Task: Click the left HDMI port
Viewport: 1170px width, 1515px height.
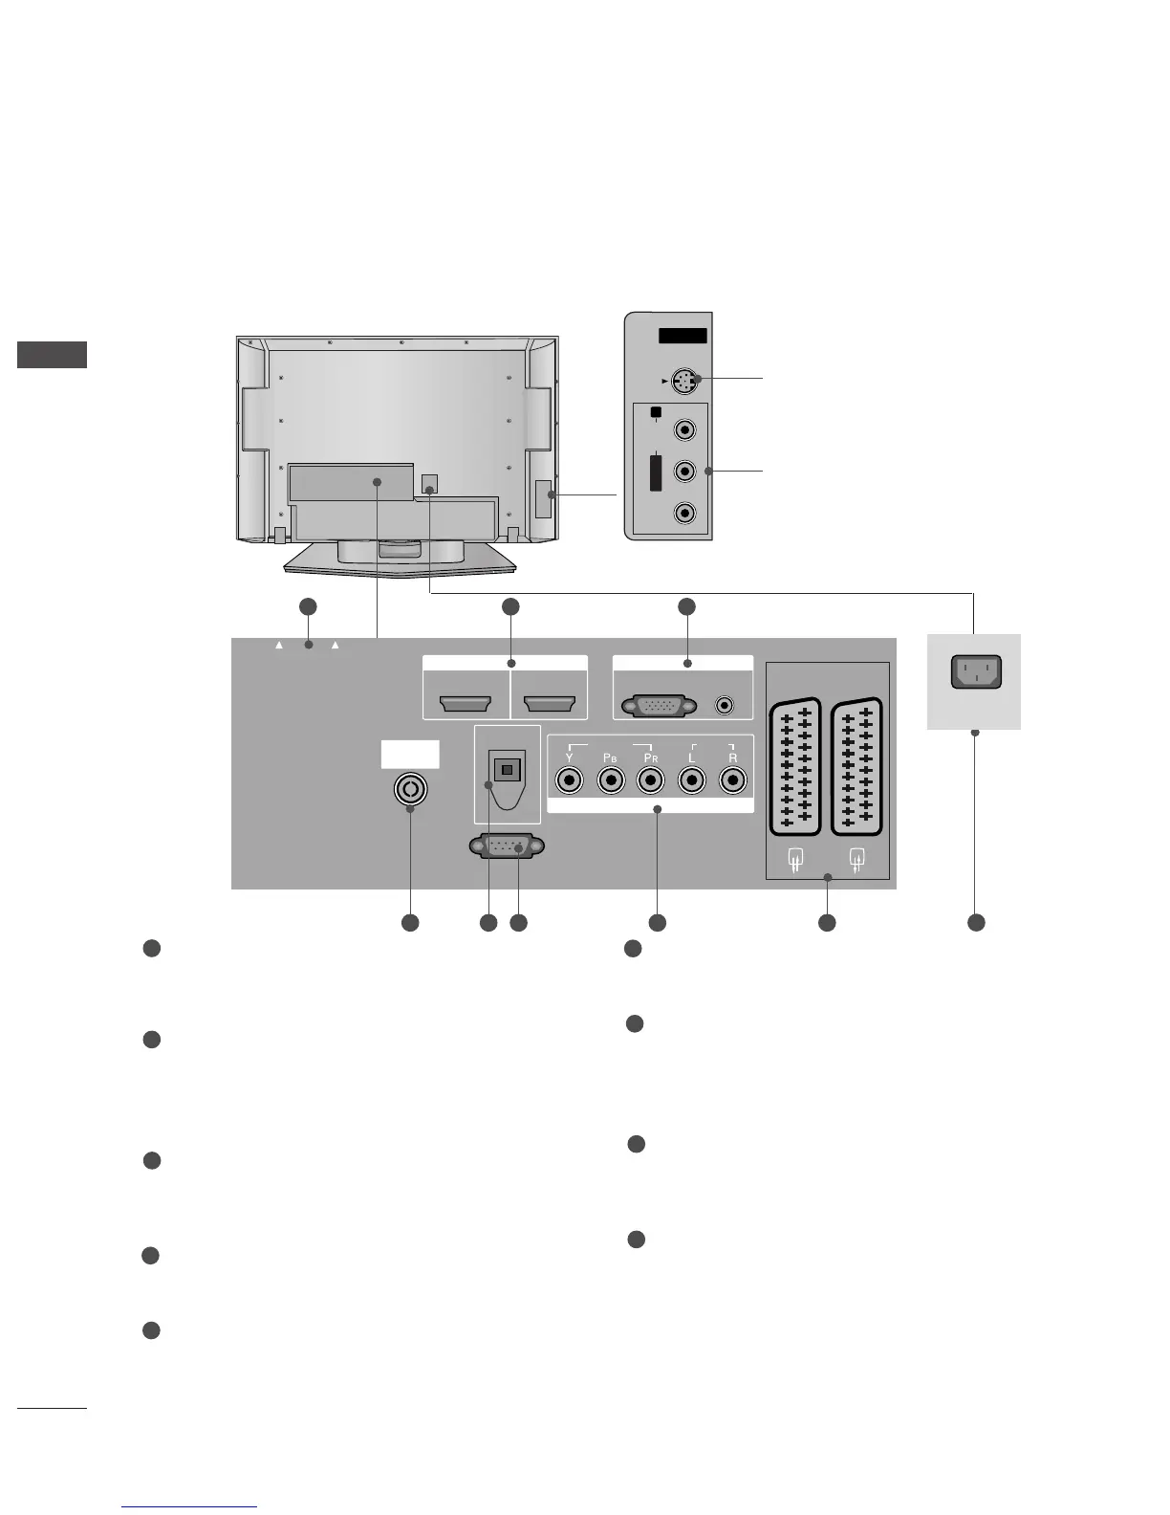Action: click(466, 706)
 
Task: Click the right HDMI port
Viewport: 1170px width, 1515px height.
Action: click(550, 706)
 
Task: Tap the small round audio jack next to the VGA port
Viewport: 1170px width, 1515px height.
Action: click(726, 707)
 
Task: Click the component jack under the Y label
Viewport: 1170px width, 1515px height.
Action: click(570, 780)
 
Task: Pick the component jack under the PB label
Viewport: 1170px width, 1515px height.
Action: click(611, 780)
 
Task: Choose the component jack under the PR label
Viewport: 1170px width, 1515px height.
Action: click(651, 780)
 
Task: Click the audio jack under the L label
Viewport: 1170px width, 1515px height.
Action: click(692, 780)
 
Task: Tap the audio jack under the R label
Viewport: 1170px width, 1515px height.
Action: click(732, 780)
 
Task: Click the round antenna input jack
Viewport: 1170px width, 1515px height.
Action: click(410, 789)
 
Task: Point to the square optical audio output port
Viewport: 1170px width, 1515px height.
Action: click(507, 769)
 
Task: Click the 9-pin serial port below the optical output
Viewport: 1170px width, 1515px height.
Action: click(507, 847)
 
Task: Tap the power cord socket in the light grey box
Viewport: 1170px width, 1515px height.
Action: click(975, 671)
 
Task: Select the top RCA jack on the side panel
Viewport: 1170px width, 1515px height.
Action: click(684, 430)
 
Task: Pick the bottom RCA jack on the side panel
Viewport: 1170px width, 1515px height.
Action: click(684, 513)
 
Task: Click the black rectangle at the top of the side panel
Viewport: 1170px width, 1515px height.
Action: click(682, 336)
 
